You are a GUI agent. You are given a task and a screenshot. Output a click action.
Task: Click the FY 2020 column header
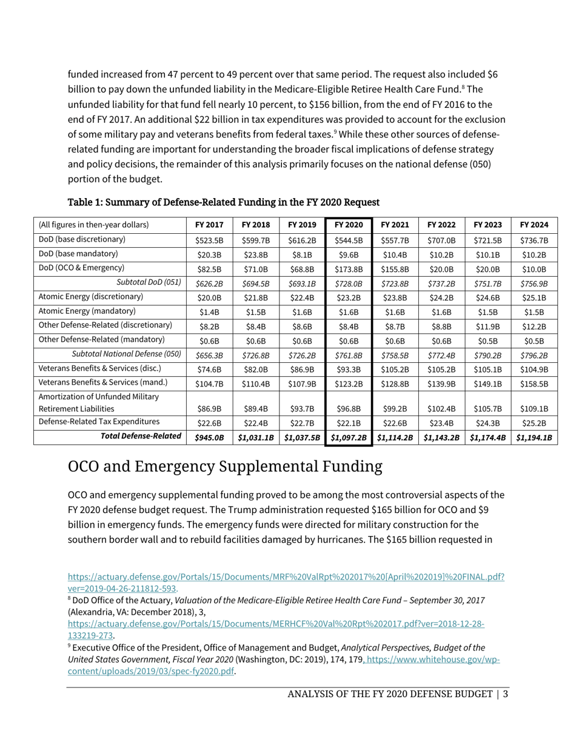tap(349, 225)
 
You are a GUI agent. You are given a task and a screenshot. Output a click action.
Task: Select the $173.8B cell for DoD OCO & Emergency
tap(349, 268)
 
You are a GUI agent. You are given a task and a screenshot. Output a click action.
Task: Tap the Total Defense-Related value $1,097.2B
tap(349, 437)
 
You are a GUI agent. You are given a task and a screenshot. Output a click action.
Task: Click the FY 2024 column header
tap(534, 225)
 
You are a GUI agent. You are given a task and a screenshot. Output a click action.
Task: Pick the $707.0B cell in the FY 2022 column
tap(441, 240)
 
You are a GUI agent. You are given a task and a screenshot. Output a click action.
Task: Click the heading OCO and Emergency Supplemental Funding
tap(225, 466)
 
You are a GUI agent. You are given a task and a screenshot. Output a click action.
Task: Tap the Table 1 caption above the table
tap(223, 202)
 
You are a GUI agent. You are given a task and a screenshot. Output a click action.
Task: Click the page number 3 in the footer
tap(505, 694)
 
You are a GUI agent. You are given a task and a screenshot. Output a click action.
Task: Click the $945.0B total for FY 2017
tap(209, 437)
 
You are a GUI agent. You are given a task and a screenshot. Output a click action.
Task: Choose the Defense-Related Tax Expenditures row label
tap(99, 422)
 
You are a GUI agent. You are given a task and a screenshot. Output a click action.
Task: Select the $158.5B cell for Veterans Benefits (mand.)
tap(534, 383)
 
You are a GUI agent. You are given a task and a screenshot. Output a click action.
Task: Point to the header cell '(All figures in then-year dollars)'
tap(93, 225)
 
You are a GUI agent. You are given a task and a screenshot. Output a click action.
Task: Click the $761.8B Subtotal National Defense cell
tap(349, 356)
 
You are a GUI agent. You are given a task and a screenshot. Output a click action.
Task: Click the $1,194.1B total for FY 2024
tap(534, 437)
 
